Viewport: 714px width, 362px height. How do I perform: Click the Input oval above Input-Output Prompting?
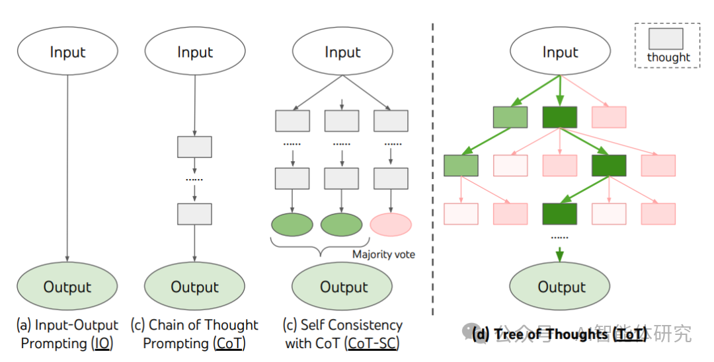(x=67, y=52)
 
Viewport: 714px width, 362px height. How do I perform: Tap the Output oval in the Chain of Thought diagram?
(x=194, y=286)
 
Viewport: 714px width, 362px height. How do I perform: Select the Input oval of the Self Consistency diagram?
(x=342, y=52)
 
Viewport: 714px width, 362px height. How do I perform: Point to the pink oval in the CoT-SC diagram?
(x=391, y=225)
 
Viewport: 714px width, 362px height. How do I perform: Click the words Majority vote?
(x=383, y=254)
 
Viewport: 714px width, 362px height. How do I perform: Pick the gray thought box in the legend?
(x=668, y=38)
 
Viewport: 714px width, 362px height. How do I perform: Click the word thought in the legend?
(x=668, y=57)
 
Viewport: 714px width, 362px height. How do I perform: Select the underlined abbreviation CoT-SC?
(x=374, y=344)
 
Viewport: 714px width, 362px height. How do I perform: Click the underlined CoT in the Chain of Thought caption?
(x=229, y=344)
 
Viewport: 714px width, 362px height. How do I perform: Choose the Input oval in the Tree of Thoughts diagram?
(x=560, y=52)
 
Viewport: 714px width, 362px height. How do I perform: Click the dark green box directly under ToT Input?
(x=559, y=117)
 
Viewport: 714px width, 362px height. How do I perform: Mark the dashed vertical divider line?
(x=433, y=165)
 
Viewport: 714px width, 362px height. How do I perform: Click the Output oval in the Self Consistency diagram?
(x=344, y=286)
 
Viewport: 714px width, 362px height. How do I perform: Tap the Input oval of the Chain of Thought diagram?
(x=195, y=52)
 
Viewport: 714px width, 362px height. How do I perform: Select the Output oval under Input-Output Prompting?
(x=67, y=286)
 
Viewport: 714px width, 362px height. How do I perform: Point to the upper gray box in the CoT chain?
(x=194, y=147)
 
